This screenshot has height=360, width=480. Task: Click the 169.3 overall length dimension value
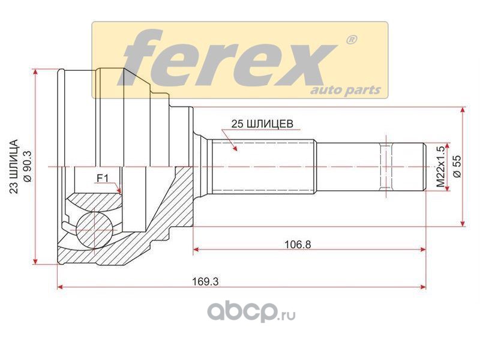point(205,281)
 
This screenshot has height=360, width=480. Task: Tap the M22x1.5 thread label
point(440,167)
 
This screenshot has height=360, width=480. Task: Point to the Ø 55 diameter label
point(457,166)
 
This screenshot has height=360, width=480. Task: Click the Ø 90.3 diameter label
point(28,167)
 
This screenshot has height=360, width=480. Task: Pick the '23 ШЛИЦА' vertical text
point(14,167)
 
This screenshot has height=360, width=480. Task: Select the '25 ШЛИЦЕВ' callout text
point(262,124)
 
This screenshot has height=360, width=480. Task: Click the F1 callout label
point(103,178)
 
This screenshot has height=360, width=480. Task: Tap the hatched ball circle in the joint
point(94,230)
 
